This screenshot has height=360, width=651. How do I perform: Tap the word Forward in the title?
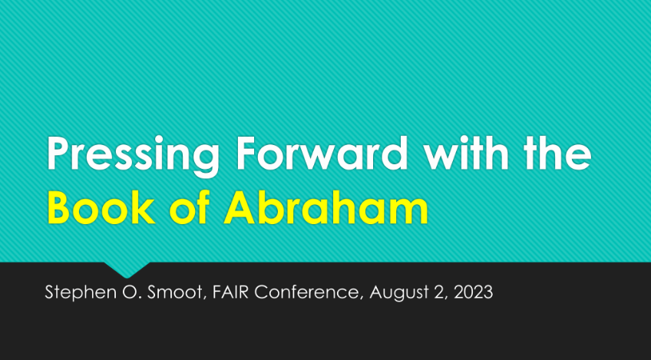click(322, 153)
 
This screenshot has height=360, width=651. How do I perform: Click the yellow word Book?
click(101, 207)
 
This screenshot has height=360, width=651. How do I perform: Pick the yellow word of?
click(189, 207)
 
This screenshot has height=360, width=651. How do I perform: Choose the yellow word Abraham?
click(326, 207)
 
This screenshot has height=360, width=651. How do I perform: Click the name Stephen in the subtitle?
click(81, 293)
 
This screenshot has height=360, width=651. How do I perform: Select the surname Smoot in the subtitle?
click(177, 292)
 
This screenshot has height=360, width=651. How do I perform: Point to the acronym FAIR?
click(230, 292)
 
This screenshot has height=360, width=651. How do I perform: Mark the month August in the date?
click(399, 293)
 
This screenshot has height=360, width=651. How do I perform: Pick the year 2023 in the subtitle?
click(474, 292)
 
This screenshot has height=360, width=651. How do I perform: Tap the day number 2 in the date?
click(440, 292)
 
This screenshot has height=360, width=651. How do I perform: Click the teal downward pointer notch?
click(127, 269)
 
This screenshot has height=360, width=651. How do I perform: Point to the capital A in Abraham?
click(240, 207)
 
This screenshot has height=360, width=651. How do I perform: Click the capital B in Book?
click(59, 207)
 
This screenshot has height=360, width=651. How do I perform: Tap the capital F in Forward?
click(246, 153)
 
